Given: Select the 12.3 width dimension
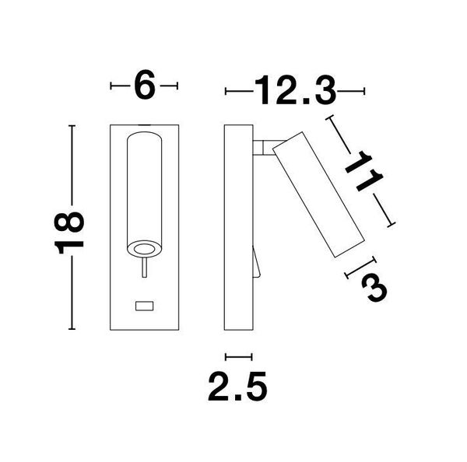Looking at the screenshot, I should [x=294, y=92].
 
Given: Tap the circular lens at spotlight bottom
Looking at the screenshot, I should [x=144, y=249].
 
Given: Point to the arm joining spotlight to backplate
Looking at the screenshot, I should [x=263, y=145].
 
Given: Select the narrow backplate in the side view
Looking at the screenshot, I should [x=238, y=226].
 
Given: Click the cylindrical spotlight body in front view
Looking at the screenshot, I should [x=144, y=187].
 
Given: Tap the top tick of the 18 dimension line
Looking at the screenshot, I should [x=72, y=125].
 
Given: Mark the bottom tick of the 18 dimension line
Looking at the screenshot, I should [x=72, y=330].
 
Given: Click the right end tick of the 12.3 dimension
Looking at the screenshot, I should [x=363, y=92].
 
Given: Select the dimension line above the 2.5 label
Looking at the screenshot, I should [x=238, y=357].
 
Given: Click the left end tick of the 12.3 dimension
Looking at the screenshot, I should [x=226, y=92].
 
